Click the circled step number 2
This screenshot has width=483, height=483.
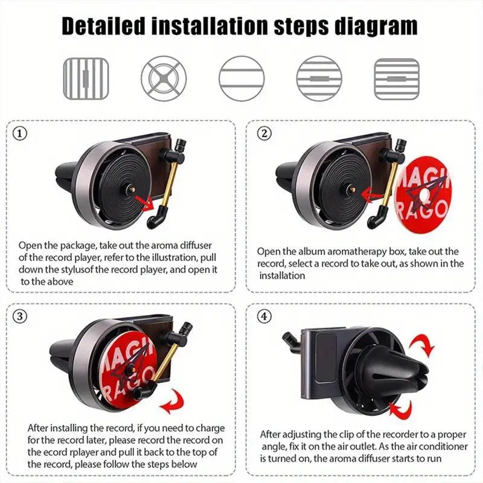[x=264, y=134]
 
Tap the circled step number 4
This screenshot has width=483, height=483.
[x=264, y=315]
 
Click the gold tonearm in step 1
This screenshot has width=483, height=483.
[x=169, y=181]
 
